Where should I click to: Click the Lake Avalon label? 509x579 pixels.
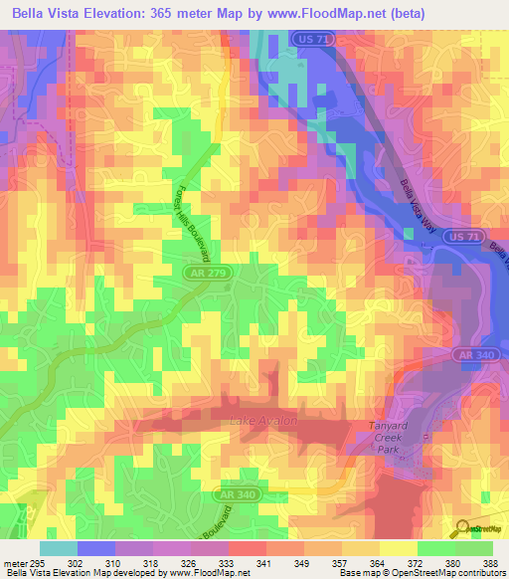[263, 421]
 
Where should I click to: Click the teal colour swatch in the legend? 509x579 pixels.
[58, 549]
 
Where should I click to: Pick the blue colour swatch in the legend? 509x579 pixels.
[95, 549]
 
